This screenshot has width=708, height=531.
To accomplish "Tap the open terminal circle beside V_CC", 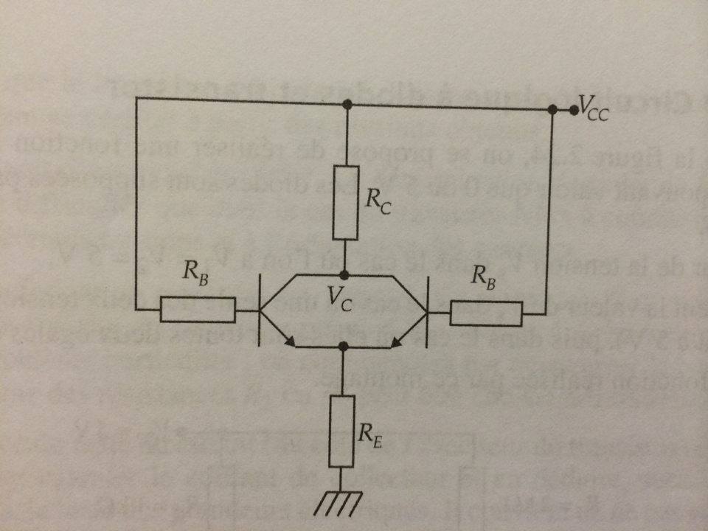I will (574, 110).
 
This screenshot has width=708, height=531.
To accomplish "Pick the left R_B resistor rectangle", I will (198, 310).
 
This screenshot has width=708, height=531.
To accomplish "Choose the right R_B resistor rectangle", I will (485, 314).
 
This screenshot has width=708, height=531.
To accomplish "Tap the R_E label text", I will (370, 426).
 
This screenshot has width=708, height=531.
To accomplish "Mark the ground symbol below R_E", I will (340, 503).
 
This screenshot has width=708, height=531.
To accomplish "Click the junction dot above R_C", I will (347, 105).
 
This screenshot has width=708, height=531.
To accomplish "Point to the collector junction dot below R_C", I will (344, 274).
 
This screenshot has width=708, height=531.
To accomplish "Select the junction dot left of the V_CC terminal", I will (552, 109).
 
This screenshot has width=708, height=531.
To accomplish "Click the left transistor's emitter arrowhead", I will (294, 341).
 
